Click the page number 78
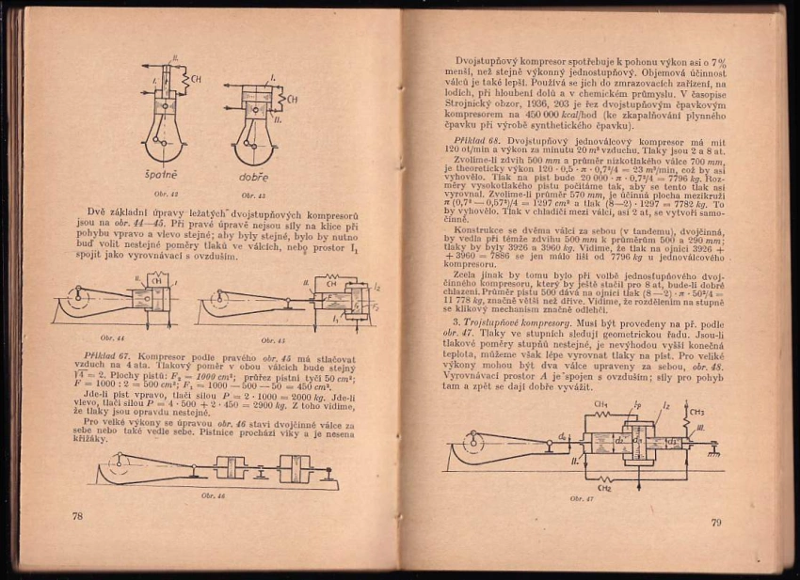click(78, 516)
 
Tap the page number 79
click(715, 523)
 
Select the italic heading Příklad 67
click(104, 356)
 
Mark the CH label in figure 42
click(196, 79)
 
